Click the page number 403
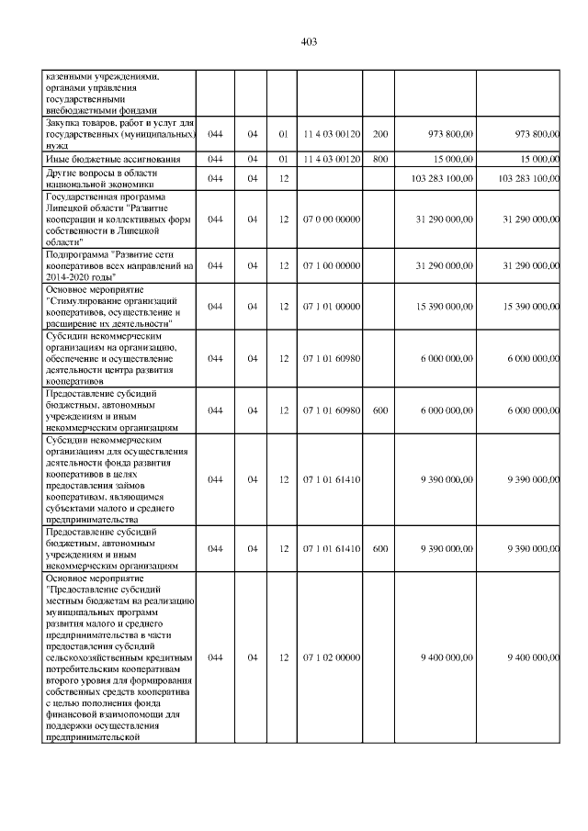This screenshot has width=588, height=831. click(309, 41)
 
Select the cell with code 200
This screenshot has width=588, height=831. click(379, 134)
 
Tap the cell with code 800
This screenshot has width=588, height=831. click(379, 158)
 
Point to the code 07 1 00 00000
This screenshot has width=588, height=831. click(332, 265)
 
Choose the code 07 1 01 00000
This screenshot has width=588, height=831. click(332, 305)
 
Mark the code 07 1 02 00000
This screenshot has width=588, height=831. click(332, 657)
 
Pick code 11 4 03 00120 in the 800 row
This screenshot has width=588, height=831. click(332, 158)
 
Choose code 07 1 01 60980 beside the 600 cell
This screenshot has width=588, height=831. click(332, 410)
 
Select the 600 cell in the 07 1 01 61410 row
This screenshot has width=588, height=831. click(379, 548)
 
